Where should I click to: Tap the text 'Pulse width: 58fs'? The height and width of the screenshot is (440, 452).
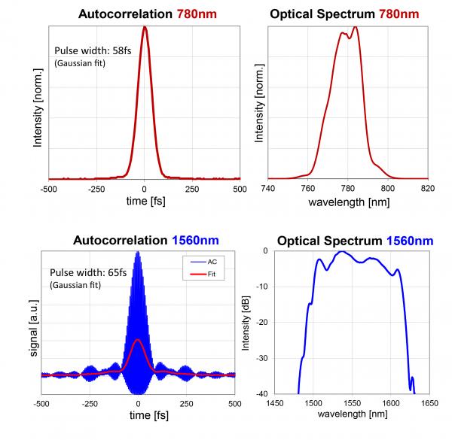92,51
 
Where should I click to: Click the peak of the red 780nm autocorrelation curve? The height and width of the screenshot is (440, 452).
144,28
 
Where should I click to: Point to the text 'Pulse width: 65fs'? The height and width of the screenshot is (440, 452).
87,272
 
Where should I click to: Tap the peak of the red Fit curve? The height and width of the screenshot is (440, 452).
138,340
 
